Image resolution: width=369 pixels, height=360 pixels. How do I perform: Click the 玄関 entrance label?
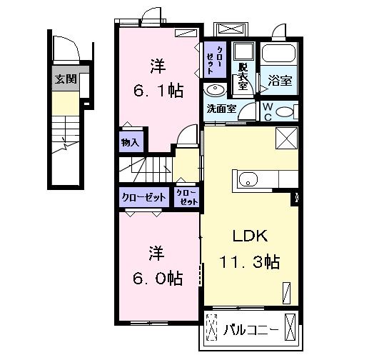[x=66, y=79]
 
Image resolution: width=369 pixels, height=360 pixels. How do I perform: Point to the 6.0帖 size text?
[x=158, y=277]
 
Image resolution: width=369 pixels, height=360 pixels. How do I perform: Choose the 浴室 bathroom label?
[x=278, y=81]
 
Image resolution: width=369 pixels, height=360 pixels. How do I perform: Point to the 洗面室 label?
[x=221, y=109]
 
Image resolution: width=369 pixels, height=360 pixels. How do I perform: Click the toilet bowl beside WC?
[x=283, y=111]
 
